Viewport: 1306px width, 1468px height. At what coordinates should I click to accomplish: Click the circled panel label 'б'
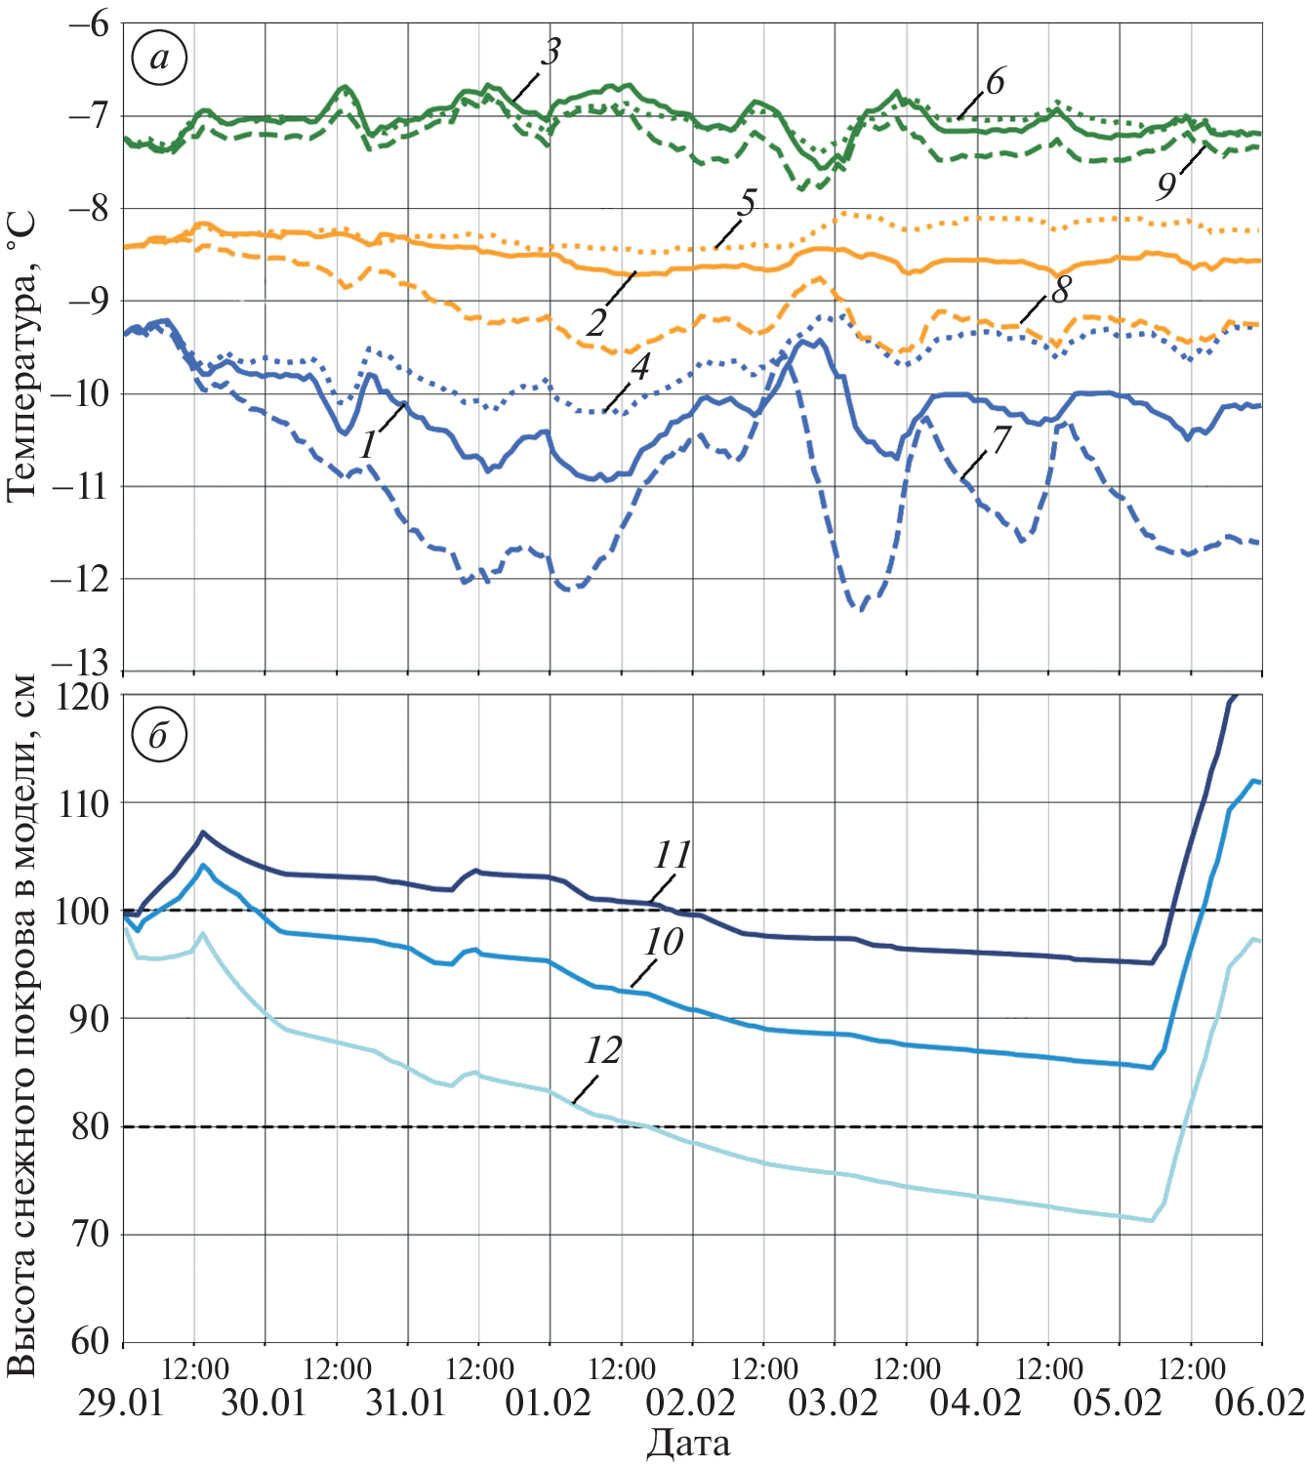tap(158, 734)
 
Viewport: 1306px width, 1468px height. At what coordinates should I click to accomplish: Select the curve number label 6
tap(995, 83)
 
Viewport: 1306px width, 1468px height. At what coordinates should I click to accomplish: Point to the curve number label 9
tap(1166, 185)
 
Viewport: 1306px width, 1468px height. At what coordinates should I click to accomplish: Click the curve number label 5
tap(747, 204)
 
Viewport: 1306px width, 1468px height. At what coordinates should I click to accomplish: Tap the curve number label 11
tap(672, 856)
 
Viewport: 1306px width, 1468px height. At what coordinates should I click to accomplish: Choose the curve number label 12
tap(603, 1051)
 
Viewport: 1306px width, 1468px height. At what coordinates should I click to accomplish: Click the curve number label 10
tap(663, 943)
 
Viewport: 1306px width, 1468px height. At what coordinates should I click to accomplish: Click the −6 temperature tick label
tap(89, 23)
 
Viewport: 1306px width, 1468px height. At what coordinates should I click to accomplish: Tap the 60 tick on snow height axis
tap(90, 1341)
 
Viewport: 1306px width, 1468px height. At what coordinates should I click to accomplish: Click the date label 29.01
tap(121, 1404)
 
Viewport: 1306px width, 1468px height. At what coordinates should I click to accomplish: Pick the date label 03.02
tap(834, 1404)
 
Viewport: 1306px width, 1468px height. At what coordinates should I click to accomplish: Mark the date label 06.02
tap(1259, 1404)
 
